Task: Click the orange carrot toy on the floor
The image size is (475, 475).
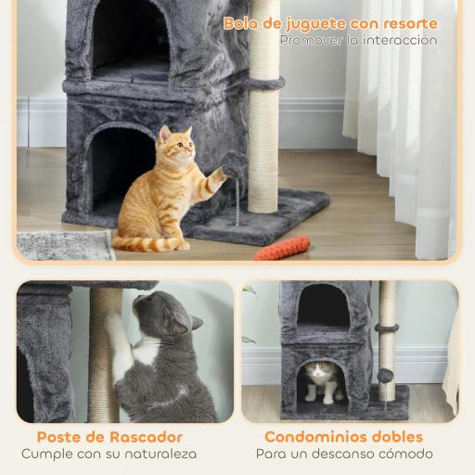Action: pos(282,248)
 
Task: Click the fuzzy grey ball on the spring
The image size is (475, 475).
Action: pos(234,164)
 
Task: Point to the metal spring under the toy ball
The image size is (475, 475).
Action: pos(237,198)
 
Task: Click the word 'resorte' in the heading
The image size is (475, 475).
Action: pos(408,23)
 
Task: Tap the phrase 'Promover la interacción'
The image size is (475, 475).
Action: pos(358,41)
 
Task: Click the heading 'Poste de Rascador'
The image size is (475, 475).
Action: pos(109,436)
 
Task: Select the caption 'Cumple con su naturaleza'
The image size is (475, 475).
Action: pos(109,454)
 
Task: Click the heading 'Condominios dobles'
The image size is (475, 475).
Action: pos(343,436)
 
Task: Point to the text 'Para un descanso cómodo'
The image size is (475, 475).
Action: pos(343,454)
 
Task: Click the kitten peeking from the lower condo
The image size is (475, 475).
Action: pos(320,378)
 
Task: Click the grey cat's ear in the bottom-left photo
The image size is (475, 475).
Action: pos(195,323)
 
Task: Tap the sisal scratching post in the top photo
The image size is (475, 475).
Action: pos(263,130)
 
